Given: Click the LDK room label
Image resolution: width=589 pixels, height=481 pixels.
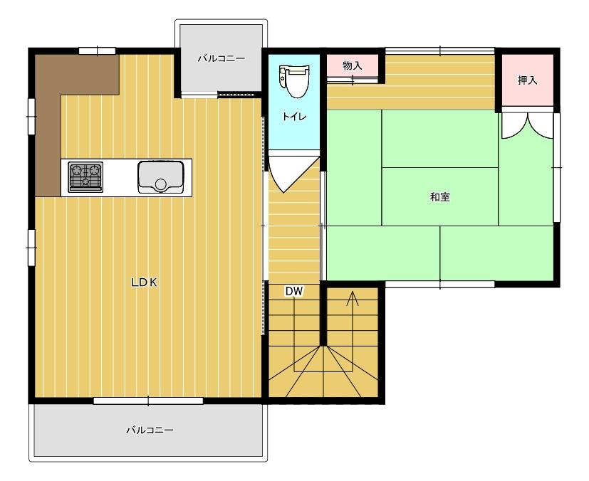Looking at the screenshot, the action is tap(144, 282).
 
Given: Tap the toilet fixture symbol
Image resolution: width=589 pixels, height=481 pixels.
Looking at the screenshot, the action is tap(294, 81).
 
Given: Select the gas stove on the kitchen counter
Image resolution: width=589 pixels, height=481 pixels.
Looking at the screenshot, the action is tap(85, 176).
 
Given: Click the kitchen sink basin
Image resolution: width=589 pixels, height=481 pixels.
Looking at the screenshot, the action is tap(161, 177).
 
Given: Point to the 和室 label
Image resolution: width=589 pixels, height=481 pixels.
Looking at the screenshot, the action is tap(440, 197).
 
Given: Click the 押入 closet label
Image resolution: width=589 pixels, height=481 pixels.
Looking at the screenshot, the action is tap(528, 80).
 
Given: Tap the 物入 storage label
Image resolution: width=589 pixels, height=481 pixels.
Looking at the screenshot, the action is tap(353, 65).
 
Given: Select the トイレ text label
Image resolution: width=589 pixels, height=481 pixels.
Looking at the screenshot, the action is tap(294, 117).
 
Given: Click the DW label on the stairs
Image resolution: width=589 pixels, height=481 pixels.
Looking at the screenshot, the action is tap(293, 292).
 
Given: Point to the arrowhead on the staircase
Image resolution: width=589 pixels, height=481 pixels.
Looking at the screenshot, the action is tap(353, 297).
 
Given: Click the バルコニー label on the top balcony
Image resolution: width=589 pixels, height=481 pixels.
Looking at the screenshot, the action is tap(221, 58).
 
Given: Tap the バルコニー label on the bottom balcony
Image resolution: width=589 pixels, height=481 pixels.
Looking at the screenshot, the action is tap(150, 430).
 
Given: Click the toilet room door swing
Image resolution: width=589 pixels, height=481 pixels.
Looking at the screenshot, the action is tap(293, 172).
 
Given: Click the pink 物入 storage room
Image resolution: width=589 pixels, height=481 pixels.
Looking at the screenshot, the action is tap(352, 65).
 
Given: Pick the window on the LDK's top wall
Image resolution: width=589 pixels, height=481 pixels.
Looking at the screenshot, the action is tap(97, 51).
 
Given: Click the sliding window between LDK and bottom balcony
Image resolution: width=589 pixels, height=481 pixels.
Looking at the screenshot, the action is tap(148, 401).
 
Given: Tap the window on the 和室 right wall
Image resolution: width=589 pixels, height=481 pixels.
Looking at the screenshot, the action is tap(557, 167).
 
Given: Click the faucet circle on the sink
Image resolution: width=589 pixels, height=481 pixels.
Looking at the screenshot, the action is tap(161, 184).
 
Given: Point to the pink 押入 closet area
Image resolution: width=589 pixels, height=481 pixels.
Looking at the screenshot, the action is tap(528, 80).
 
